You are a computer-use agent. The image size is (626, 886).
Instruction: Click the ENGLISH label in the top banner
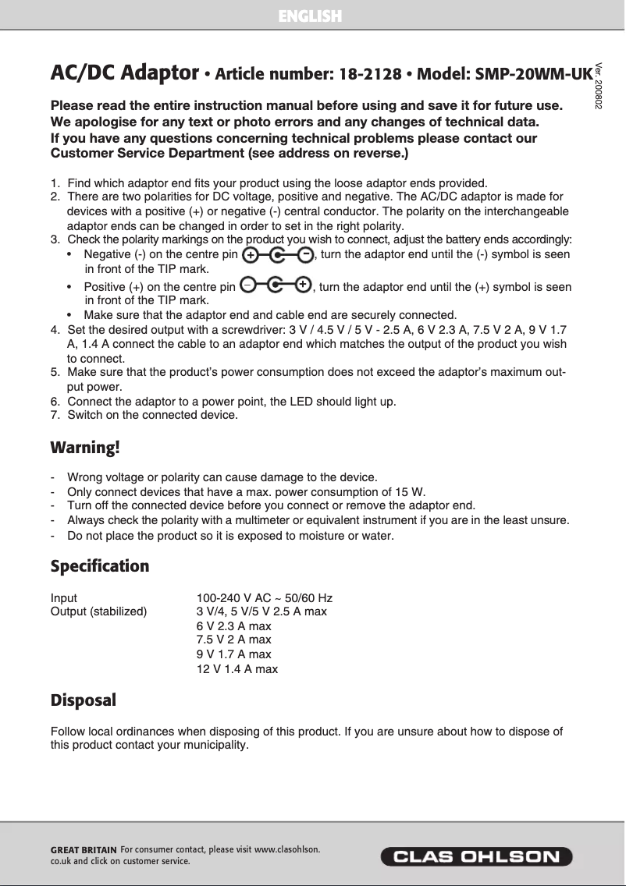click(x=310, y=16)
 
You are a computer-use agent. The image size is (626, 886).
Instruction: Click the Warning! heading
click(x=85, y=448)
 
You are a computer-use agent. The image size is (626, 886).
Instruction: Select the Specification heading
click(x=99, y=565)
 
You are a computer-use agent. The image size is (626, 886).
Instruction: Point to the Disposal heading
click(x=83, y=700)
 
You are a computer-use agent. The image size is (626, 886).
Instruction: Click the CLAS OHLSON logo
click(x=476, y=856)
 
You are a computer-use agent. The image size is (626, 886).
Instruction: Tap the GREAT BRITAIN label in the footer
click(x=84, y=849)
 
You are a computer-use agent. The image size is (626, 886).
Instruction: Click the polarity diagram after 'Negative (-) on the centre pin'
click(x=277, y=255)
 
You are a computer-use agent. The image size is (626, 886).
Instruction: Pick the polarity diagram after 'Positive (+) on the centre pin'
click(x=276, y=286)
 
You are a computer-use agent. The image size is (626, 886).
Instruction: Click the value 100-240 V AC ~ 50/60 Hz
click(x=264, y=598)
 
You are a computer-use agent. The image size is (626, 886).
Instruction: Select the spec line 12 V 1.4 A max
click(x=237, y=669)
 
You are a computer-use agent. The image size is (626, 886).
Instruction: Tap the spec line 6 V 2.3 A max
click(x=233, y=626)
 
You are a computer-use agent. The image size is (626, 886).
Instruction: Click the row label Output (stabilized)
click(x=98, y=611)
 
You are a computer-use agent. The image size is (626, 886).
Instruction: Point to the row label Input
click(x=64, y=598)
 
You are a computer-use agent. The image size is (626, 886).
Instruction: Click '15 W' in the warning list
click(x=410, y=491)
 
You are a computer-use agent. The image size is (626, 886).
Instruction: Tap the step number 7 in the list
click(x=54, y=415)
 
